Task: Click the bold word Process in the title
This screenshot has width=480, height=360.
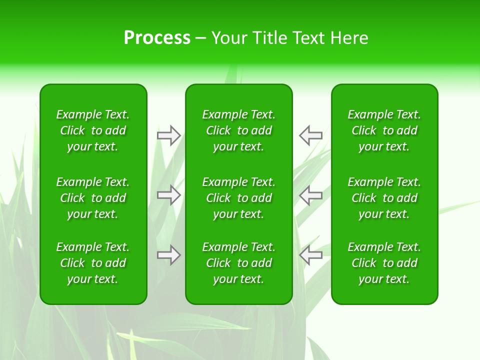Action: [x=157, y=38]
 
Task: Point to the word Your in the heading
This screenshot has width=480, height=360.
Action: [x=230, y=38]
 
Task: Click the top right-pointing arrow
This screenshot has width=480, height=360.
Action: [x=168, y=135]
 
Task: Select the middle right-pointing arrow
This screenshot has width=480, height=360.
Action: [x=168, y=195]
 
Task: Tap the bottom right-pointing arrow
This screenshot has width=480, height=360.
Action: [x=168, y=255]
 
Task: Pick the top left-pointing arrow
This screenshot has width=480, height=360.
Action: [x=310, y=135]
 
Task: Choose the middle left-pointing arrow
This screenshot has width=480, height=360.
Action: [x=310, y=195]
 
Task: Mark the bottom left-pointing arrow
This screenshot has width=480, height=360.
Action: [x=310, y=255]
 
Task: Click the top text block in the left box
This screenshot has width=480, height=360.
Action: [x=93, y=130]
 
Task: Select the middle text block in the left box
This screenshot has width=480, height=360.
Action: [x=93, y=198]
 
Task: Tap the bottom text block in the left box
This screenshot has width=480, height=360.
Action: [x=93, y=263]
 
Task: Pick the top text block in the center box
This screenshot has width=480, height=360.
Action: [x=238, y=130]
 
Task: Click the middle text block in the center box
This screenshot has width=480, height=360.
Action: [x=238, y=198]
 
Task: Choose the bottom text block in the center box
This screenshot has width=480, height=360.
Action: [x=238, y=263]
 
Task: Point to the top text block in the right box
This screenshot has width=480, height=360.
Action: [x=384, y=130]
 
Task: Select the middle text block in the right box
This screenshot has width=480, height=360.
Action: [x=384, y=198]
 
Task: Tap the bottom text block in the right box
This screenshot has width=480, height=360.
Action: [x=384, y=263]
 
